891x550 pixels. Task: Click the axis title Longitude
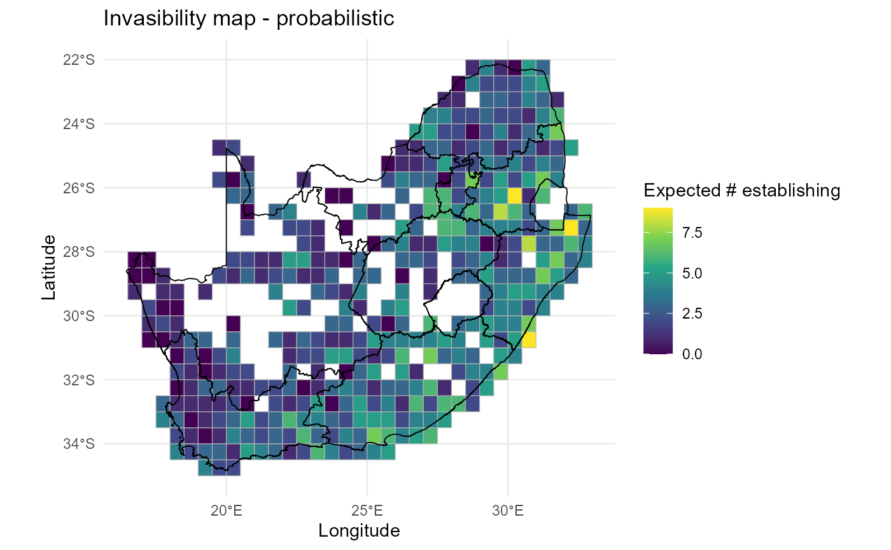[x=359, y=530]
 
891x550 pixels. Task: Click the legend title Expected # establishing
[x=742, y=190]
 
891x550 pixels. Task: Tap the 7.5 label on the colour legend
[x=692, y=233]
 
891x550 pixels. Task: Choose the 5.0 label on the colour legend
[x=692, y=273]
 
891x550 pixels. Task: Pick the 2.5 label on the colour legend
[x=692, y=313]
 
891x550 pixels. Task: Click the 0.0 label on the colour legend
[x=692, y=354]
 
